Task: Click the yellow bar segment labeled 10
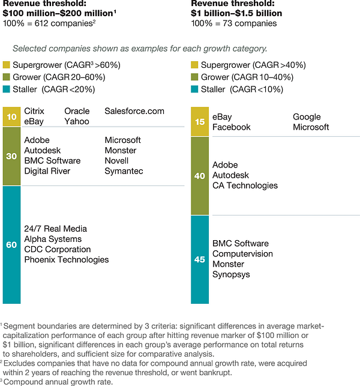(11, 116)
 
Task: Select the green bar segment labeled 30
(11, 155)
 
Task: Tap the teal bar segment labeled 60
(11, 244)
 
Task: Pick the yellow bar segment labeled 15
(199, 122)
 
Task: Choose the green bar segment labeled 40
(199, 175)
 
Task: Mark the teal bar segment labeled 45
(199, 259)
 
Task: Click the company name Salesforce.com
(134, 111)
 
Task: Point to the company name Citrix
(34, 111)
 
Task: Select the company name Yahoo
(77, 121)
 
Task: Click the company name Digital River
(47, 171)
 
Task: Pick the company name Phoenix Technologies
(67, 260)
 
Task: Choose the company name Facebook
(232, 127)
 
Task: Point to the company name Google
(307, 117)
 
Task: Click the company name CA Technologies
(245, 185)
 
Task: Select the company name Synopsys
(232, 274)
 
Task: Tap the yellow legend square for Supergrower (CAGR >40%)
(194, 65)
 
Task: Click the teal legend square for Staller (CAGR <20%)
(7, 89)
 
